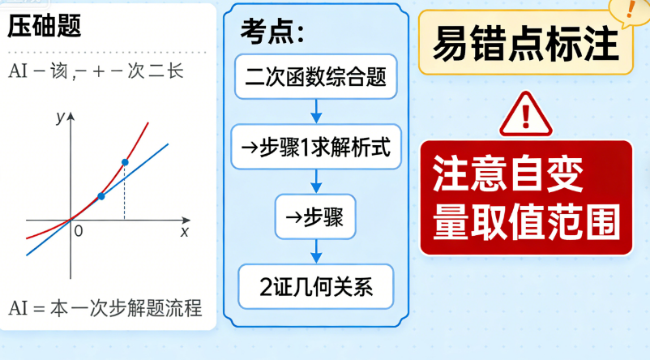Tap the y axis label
click(60, 117)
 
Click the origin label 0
click(79, 231)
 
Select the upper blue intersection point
click(124, 162)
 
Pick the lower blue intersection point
click(100, 196)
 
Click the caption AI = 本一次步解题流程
click(105, 309)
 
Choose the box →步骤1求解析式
click(316, 147)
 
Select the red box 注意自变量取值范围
click(525, 197)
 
